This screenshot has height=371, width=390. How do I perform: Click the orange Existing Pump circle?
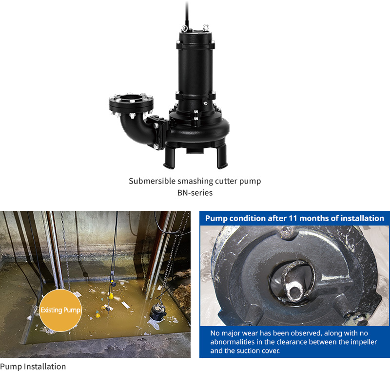click(60, 310)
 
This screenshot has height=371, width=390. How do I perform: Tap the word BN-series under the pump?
click(195, 193)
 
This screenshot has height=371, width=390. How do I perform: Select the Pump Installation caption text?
click(33, 367)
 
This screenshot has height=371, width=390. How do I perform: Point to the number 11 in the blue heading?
click(293, 218)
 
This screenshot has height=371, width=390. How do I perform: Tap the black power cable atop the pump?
click(187, 14)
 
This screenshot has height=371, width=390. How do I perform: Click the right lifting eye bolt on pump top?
click(206, 27)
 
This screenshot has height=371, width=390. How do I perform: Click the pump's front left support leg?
click(169, 157)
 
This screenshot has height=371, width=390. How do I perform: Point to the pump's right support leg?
click(222, 156)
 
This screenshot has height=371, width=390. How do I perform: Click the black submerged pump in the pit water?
click(157, 312)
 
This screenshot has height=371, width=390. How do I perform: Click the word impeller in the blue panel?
click(364, 342)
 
